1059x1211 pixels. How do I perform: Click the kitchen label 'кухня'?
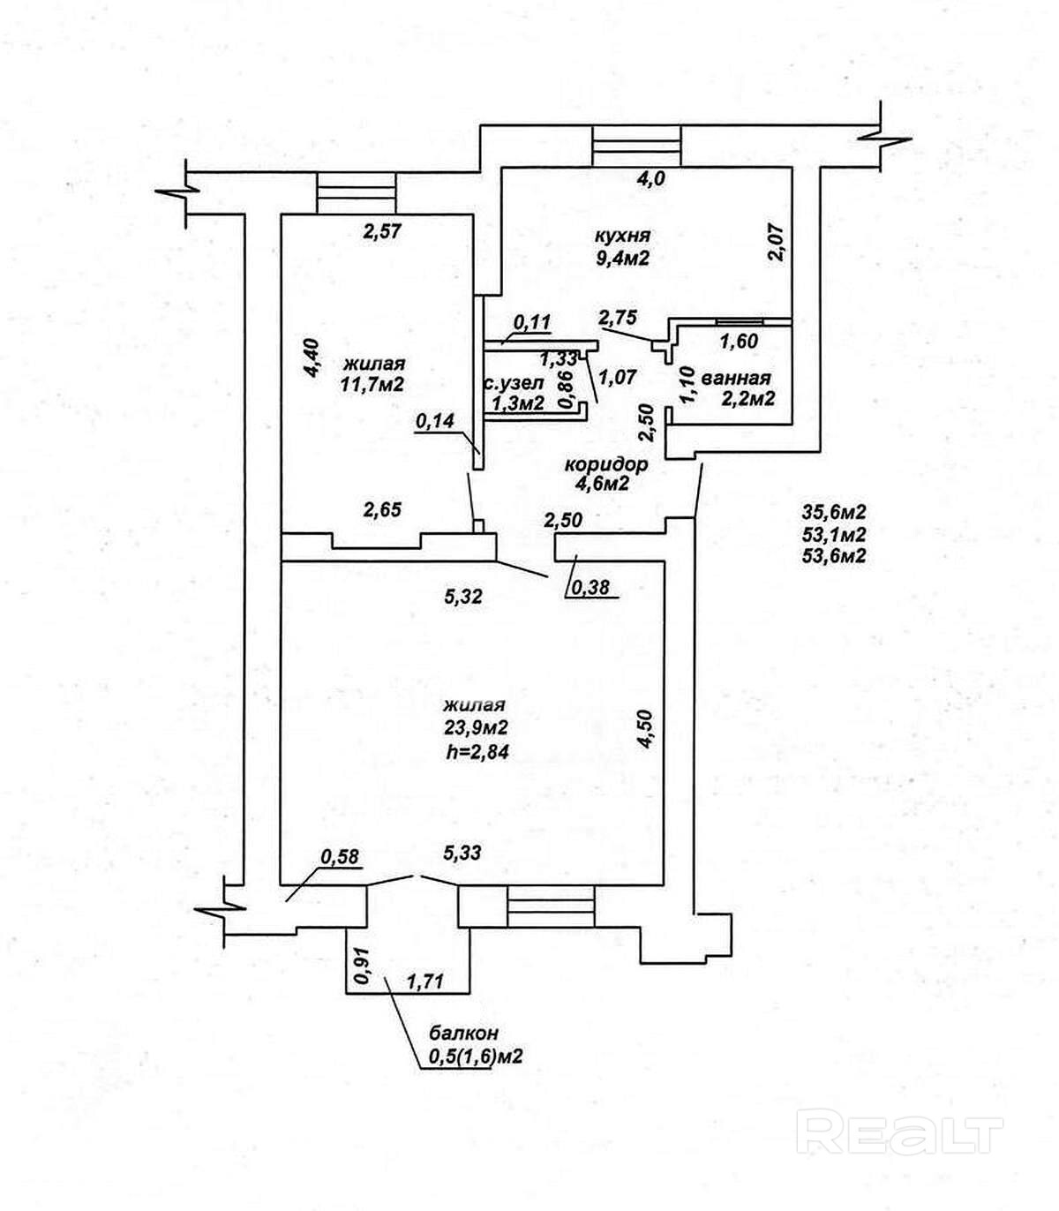[622, 235]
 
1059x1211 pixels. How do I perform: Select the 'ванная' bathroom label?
[735, 378]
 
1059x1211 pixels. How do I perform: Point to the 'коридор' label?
[605, 464]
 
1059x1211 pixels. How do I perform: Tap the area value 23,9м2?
[477, 726]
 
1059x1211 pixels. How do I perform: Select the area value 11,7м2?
[372, 386]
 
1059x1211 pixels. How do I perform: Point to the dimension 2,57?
[383, 231]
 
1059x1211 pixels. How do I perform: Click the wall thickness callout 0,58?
[340, 856]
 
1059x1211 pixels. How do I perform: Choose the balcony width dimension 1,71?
[426, 982]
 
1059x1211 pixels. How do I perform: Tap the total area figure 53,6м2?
[834, 557]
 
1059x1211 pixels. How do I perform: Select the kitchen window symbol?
[637, 145]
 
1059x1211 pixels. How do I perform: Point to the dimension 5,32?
[464, 596]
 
